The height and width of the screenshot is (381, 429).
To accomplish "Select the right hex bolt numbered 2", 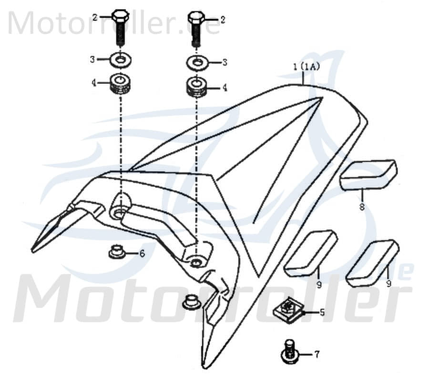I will coord(195,28).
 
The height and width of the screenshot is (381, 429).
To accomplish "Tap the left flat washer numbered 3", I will coord(122,60).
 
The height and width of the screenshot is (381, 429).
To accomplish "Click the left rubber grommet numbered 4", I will coord(121,84).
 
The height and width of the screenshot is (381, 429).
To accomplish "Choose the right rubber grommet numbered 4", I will coord(196,87).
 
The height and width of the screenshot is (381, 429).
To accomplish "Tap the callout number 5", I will coord(322,312).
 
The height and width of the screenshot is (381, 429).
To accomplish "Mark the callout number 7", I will coord(317,354).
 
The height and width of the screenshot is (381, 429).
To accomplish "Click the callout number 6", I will coord(142,253).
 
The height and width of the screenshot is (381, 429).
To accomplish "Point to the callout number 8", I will coord(362,207).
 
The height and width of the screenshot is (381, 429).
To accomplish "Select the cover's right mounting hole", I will coord(195,261).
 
